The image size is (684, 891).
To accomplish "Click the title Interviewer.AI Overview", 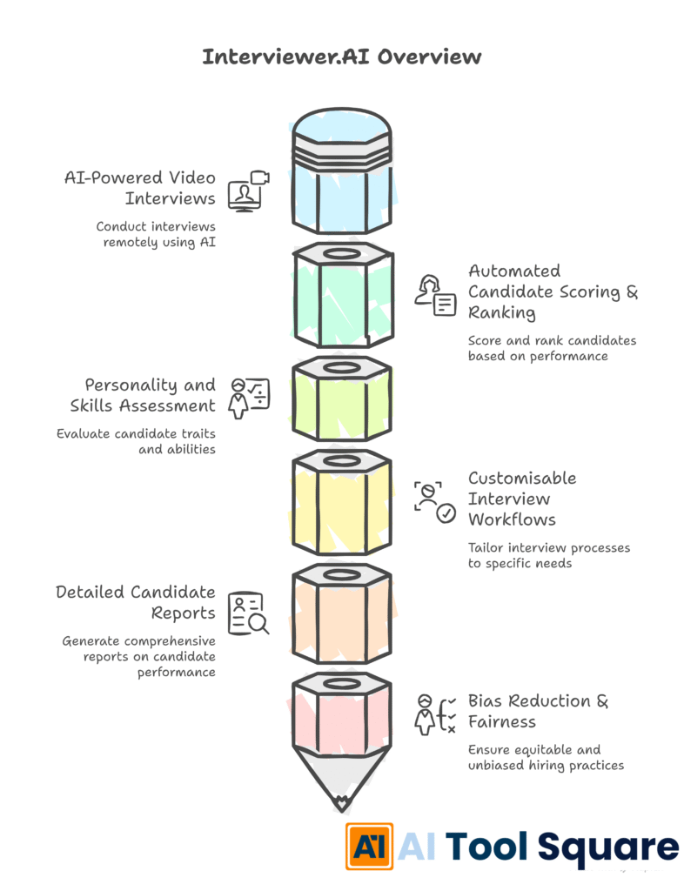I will tap(341, 57).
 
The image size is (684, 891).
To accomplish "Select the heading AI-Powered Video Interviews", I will tap(139, 188).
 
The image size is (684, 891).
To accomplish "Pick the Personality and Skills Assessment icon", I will tap(248, 398).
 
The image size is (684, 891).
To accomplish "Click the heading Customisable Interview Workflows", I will tap(521, 499).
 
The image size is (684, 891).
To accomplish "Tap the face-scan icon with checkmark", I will tap(434, 500).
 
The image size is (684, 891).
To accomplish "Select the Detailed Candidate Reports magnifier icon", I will tap(247, 612).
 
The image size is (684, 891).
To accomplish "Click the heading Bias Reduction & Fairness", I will tap(538, 711).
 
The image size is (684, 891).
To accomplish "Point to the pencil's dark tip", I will tap(342, 802).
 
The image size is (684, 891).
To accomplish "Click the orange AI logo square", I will tap(369, 846).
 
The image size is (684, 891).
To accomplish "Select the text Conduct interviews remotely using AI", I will tap(156, 233).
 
